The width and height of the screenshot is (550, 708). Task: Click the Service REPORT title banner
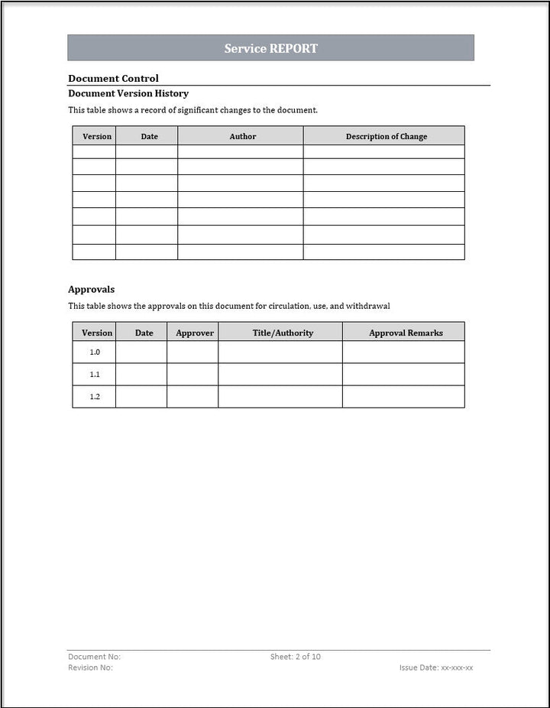point(270,48)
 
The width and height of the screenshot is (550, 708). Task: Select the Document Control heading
point(113,78)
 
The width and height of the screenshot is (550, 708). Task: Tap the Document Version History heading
point(128,93)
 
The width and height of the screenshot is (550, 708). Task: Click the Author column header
point(242,136)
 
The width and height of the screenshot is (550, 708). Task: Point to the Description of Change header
point(386,136)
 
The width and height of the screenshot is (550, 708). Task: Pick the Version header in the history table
point(96,136)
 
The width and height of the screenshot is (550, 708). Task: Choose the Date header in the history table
point(149,136)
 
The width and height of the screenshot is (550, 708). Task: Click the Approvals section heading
point(91,289)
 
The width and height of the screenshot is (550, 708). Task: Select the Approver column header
point(194,333)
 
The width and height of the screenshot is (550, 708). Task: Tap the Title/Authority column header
point(283,333)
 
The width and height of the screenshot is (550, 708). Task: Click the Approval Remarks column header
point(406,333)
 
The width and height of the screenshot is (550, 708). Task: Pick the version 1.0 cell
point(95,352)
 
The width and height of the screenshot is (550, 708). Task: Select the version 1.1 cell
point(95,375)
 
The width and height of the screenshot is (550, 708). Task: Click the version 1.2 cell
point(95,397)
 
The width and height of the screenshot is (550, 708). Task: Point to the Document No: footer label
point(94,657)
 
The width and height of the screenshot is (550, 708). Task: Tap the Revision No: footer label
point(90,667)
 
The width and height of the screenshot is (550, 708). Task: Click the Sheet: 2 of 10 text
point(295,657)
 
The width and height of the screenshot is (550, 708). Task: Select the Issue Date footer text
point(435,667)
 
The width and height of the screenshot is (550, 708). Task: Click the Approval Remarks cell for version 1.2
point(403,397)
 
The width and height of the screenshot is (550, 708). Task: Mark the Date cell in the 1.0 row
point(141,352)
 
